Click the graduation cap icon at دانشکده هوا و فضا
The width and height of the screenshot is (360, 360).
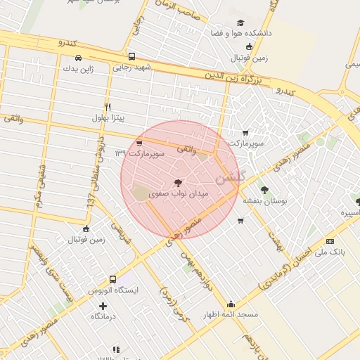click(241, 22)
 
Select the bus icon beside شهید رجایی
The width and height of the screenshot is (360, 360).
click(131, 56)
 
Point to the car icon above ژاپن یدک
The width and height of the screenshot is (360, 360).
click(78, 58)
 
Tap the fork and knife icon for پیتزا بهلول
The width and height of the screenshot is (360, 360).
click(108, 107)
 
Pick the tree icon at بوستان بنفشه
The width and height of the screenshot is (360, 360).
click(264, 189)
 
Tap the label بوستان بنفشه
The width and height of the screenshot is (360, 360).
click(263, 200)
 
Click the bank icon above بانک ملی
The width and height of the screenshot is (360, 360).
click(330, 241)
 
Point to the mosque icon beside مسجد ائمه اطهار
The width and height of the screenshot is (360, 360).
click(231, 304)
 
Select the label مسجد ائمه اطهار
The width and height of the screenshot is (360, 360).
click(227, 315)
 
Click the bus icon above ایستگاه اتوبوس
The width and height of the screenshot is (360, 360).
click(113, 279)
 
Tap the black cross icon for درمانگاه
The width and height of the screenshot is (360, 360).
click(103, 306)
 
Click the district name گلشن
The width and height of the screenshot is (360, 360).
click(233, 178)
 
